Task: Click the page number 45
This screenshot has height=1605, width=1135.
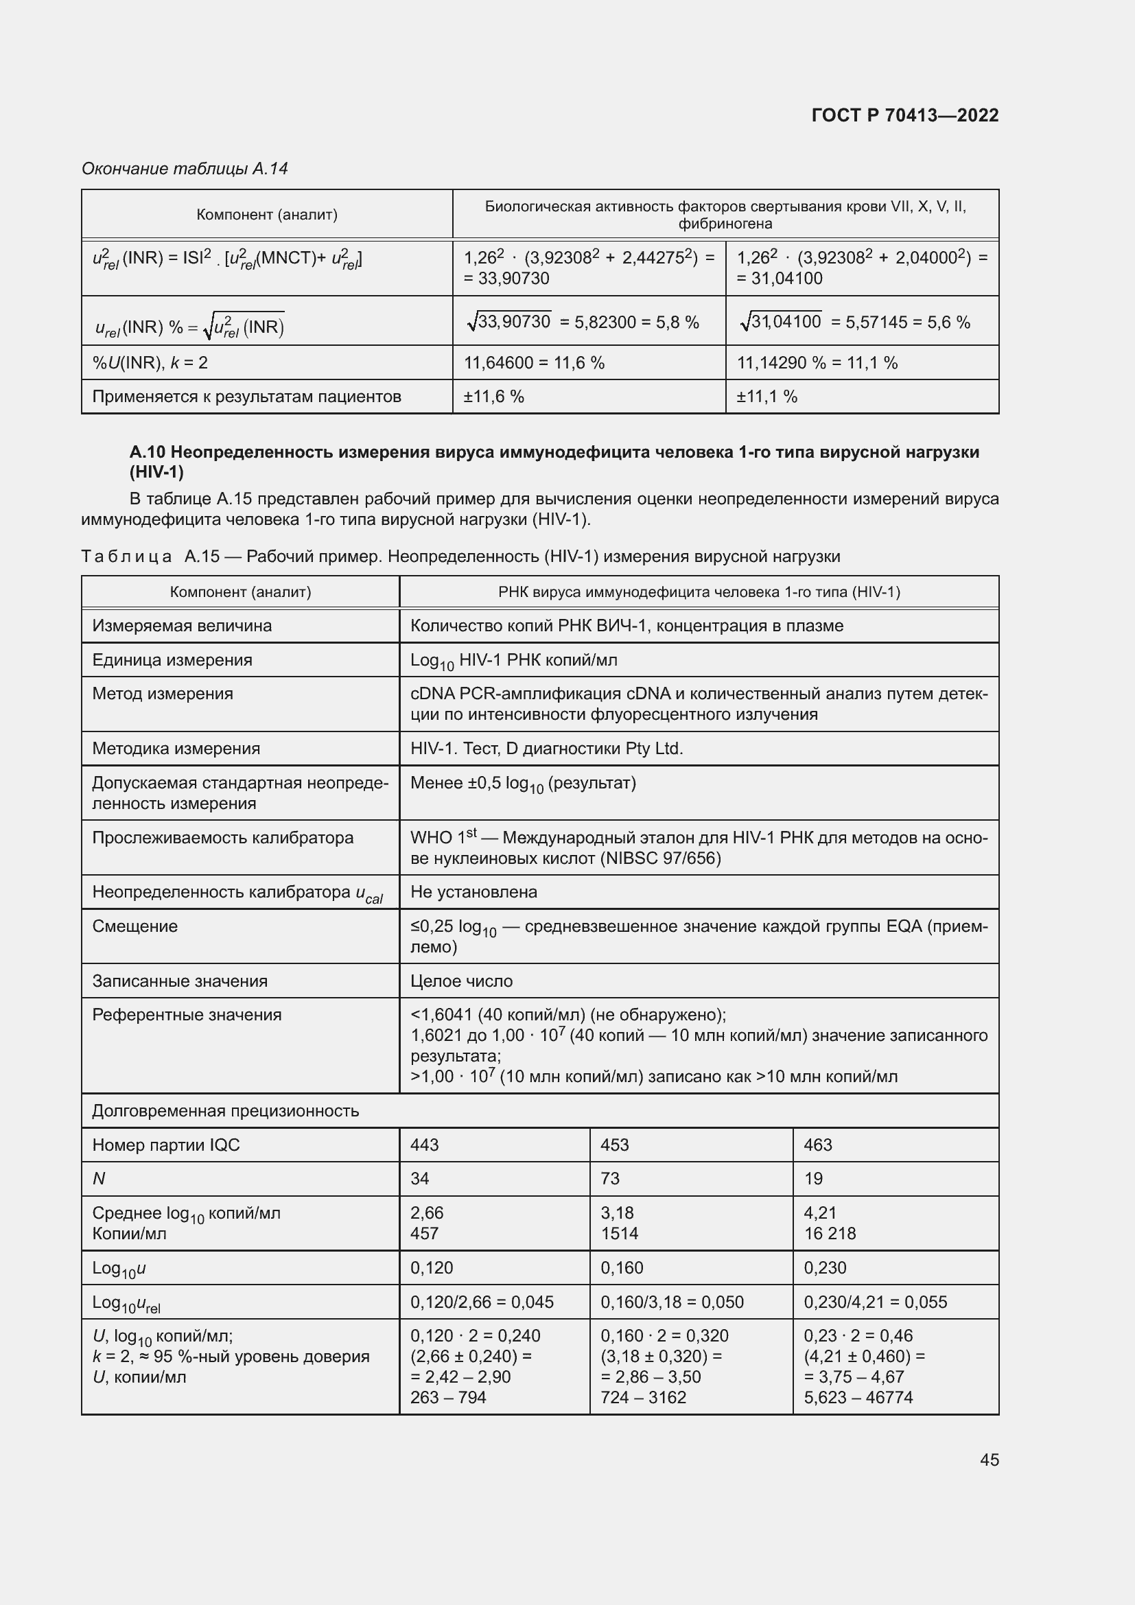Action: tap(989, 1459)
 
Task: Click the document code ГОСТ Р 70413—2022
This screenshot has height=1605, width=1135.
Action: tap(905, 115)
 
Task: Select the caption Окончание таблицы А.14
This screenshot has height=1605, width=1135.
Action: tap(185, 169)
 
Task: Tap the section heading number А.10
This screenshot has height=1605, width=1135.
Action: tap(147, 452)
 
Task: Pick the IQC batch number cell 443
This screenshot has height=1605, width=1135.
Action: tap(425, 1145)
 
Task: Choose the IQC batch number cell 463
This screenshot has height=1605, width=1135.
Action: tap(818, 1145)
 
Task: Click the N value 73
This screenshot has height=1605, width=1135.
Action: tap(610, 1179)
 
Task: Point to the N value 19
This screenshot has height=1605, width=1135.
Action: tap(814, 1179)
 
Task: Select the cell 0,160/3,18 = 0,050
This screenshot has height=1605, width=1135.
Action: tap(672, 1302)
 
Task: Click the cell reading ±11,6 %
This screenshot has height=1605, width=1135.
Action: tap(494, 397)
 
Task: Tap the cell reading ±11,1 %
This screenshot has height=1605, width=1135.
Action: tap(767, 397)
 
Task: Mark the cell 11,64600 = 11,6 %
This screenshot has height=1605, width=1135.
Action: tap(535, 363)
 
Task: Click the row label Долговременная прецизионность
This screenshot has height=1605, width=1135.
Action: tap(226, 1111)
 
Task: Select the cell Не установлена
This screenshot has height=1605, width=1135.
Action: tap(474, 892)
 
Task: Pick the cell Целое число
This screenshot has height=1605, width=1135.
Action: tap(462, 981)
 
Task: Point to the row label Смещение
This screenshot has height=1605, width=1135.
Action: tap(135, 926)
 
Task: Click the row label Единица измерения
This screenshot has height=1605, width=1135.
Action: tap(173, 660)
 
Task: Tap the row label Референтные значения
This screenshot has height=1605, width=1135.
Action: tap(187, 1015)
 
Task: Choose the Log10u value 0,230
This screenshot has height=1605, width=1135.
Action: tap(826, 1267)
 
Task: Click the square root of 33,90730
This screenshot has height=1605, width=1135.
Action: tap(509, 322)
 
